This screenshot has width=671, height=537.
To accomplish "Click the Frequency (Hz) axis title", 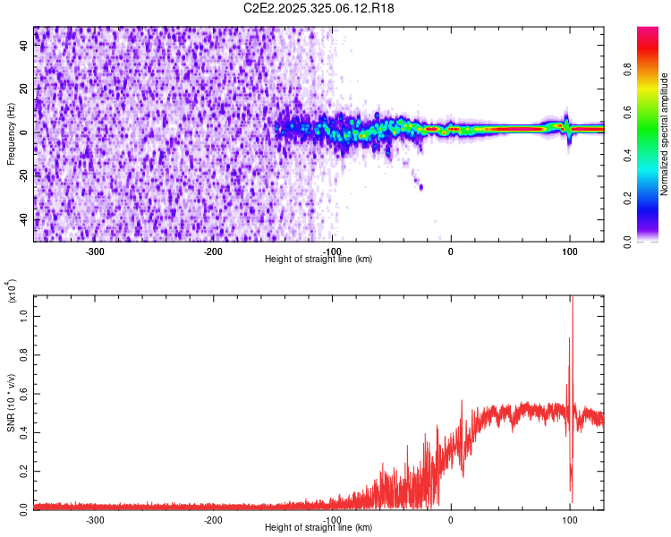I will [11, 134].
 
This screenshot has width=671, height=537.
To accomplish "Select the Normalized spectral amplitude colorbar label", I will [665, 134].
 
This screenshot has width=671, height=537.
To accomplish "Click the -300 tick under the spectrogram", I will [95, 250].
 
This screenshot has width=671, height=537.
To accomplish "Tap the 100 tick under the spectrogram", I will [569, 250].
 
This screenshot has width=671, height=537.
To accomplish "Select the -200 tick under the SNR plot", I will [213, 518].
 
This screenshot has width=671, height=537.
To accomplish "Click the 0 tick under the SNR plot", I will [450, 518].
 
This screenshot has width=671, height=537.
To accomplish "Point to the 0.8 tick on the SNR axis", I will [24, 355].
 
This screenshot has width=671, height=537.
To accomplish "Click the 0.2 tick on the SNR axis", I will [24, 470].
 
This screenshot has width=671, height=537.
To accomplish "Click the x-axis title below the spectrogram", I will [319, 259].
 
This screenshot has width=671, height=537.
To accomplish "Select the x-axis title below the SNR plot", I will [319, 527].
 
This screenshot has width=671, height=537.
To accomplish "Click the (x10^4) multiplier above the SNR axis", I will [12, 291].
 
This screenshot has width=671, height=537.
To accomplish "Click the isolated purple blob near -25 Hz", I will [420, 186].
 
